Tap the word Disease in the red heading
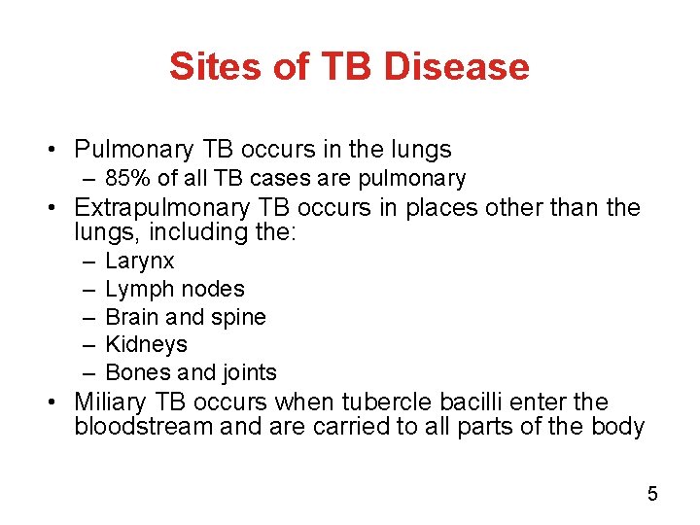456,66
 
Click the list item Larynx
139,262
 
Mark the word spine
238,317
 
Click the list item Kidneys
146,344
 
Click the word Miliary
110,402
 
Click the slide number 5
652,494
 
